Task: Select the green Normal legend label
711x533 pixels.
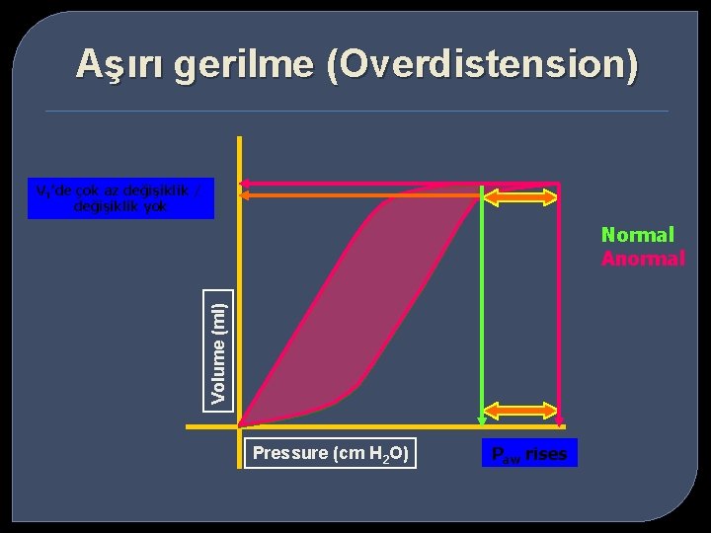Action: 637,235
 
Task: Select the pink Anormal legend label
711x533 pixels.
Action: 643,259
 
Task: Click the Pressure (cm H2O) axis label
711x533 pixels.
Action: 330,453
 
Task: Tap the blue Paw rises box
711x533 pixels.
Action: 530,454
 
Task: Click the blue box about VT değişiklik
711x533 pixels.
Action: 120,198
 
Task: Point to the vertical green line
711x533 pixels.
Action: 481,316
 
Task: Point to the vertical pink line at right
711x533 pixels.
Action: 559,316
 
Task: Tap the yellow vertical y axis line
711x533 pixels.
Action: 239,296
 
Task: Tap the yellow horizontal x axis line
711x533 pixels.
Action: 395,427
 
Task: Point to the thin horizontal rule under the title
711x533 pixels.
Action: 355,111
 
